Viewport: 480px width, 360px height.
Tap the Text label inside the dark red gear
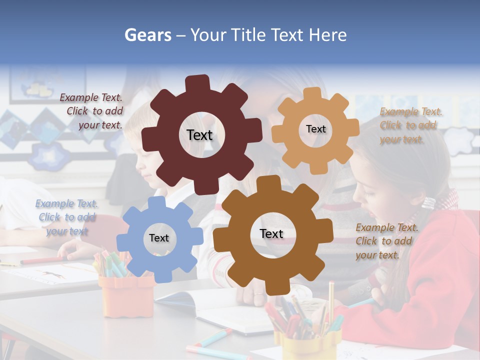click(x=199, y=135)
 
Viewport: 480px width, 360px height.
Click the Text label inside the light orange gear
click(x=315, y=129)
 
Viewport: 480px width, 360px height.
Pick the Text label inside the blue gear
click(x=159, y=238)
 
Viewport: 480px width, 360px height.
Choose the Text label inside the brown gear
click(x=271, y=234)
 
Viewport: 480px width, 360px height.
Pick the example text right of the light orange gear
click(x=410, y=125)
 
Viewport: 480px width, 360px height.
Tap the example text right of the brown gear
click(x=386, y=241)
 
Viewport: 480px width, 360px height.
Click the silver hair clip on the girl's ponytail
click(x=429, y=202)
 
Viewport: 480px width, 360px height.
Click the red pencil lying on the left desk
click(x=42, y=260)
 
